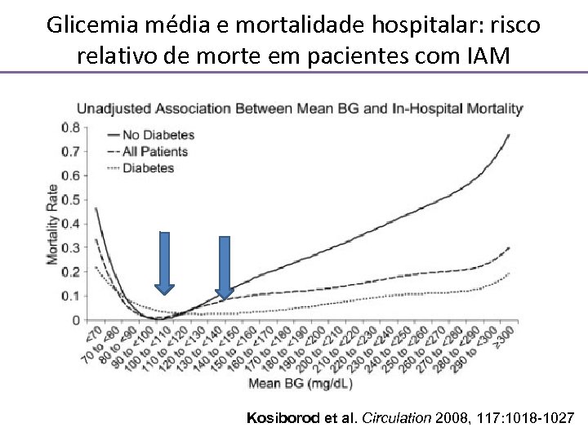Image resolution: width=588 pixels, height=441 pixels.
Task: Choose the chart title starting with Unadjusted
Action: coord(299,108)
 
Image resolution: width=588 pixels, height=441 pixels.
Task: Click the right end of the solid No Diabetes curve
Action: coord(509,135)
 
